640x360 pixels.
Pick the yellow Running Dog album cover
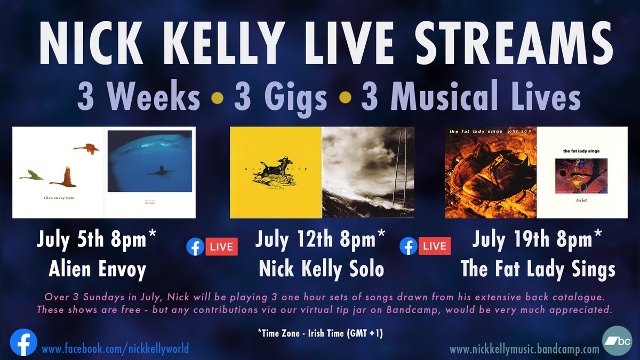(x=275, y=172)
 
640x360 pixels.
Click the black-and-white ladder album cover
(x=368, y=172)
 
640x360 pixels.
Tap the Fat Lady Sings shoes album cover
(x=490, y=172)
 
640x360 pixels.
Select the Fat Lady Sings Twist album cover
(x=582, y=172)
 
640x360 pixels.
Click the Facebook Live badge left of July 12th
(x=212, y=247)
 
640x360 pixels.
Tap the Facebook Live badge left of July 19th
(x=425, y=246)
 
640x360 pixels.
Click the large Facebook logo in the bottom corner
(x=23, y=342)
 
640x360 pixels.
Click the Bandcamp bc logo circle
(x=617, y=340)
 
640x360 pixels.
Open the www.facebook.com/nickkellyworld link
(x=115, y=349)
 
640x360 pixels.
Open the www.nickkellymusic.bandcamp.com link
(x=524, y=349)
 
